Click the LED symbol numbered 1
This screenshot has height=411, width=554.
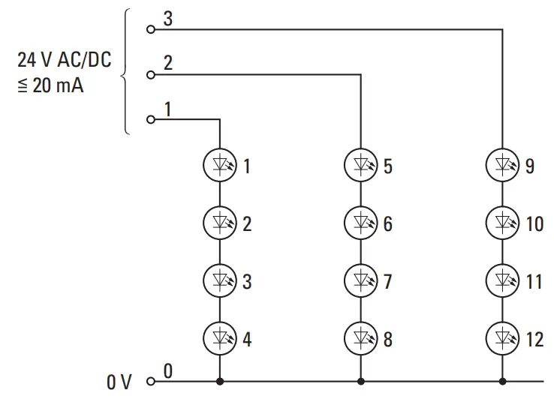(x=219, y=164)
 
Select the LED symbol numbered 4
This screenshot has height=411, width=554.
(x=219, y=338)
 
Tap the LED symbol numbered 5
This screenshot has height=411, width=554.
(x=360, y=164)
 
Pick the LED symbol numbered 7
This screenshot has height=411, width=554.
(x=360, y=280)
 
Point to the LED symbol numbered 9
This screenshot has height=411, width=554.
(x=501, y=164)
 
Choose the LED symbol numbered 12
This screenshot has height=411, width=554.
(x=501, y=338)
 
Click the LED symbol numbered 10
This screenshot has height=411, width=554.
(x=501, y=222)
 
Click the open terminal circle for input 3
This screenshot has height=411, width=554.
(x=150, y=30)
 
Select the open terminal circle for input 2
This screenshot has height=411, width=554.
(x=150, y=74)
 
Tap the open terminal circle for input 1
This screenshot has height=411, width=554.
(x=150, y=119)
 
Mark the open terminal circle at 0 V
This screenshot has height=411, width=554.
(x=150, y=382)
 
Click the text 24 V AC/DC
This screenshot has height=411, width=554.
(x=64, y=60)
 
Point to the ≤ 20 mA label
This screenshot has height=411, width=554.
(x=50, y=85)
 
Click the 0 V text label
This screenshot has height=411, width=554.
(x=119, y=382)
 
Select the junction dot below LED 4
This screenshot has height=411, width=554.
(x=219, y=382)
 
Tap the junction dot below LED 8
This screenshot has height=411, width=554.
(x=360, y=382)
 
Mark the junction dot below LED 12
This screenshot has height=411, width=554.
(x=501, y=382)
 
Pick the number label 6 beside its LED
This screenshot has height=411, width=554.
(x=387, y=223)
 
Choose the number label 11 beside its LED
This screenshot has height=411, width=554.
(x=534, y=282)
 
